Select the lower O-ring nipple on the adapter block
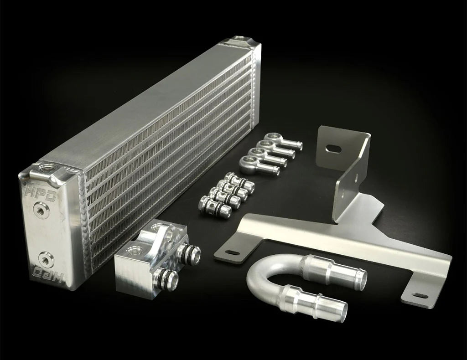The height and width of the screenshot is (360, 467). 164,279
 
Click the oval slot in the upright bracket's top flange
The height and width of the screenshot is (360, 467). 334,149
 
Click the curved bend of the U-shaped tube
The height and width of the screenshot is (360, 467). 258,278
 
